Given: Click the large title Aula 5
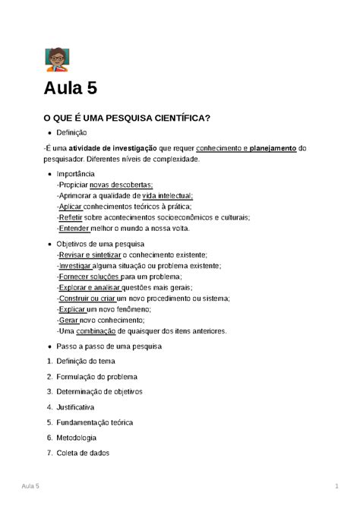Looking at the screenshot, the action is point(70,88).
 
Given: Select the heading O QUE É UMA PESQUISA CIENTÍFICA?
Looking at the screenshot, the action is point(127,118).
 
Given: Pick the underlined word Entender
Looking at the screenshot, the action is point(73,228).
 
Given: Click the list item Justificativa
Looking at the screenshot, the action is point(81,406).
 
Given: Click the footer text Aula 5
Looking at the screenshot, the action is point(31,485).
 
